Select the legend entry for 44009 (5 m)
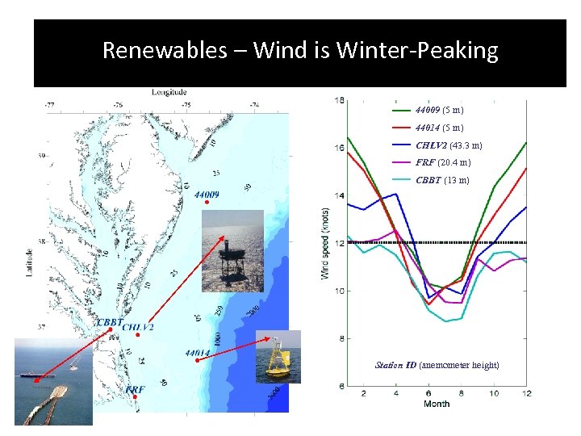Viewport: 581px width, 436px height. [x=439, y=110]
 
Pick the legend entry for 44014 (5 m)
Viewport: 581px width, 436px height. [x=439, y=128]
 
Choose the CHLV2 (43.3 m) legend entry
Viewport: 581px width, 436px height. [x=449, y=145]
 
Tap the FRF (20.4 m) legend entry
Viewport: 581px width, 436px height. [x=443, y=162]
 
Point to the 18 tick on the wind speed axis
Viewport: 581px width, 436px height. [x=340, y=100]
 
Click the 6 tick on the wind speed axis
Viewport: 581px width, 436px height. [x=340, y=386]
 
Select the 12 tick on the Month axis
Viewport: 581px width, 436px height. [x=526, y=393]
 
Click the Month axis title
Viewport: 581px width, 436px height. [x=437, y=403]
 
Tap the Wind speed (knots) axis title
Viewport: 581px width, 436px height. [x=326, y=242]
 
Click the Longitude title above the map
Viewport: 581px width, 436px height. [x=168, y=93]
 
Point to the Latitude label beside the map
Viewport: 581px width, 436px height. [x=29, y=258]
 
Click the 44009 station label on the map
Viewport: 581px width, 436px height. [x=207, y=194]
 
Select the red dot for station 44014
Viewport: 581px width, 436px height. [x=197, y=361]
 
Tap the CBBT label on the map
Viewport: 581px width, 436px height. [x=110, y=322]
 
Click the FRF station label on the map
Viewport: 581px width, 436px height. [x=135, y=389]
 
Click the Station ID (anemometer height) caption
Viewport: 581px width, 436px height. [x=437, y=366]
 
